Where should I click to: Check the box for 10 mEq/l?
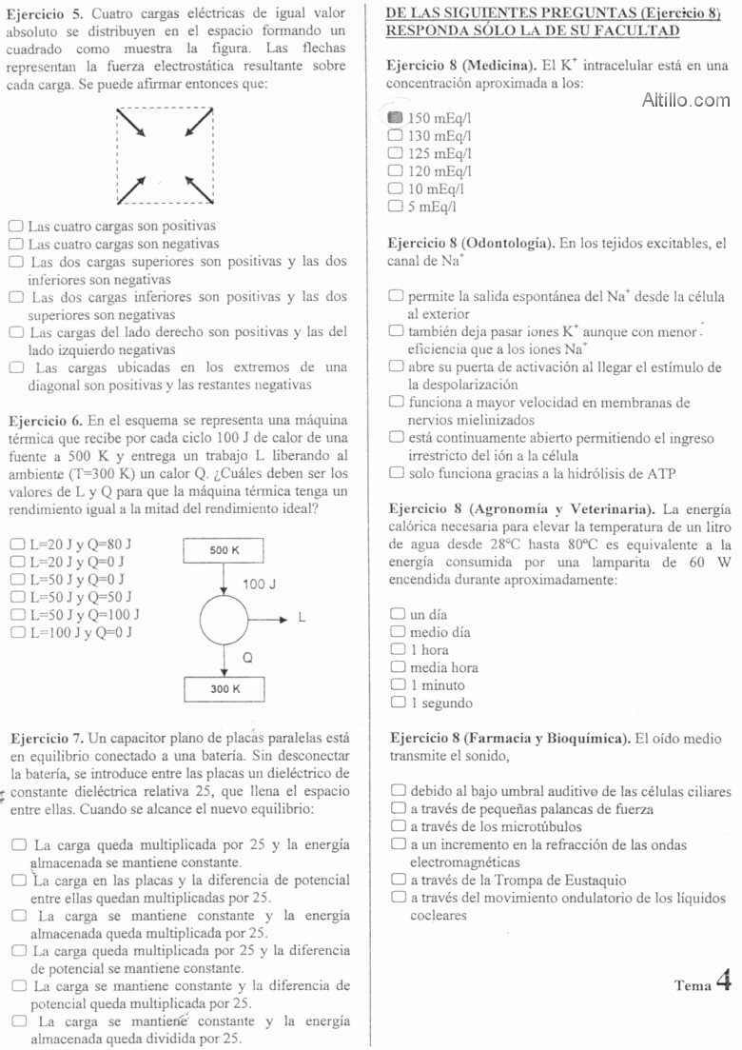click(x=396, y=188)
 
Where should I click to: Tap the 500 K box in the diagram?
click(x=223, y=550)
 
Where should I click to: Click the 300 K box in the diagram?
click(x=223, y=687)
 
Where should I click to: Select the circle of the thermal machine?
click(x=224, y=619)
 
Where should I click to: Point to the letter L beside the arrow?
click(x=302, y=619)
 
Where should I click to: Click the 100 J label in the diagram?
click(x=259, y=582)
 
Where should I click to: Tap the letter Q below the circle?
click(x=247, y=657)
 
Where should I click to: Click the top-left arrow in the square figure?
click(x=131, y=123)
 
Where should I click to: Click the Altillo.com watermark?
click(x=686, y=99)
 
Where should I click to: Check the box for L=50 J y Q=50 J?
click(x=16, y=597)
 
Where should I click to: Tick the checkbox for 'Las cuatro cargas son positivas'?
click(x=16, y=227)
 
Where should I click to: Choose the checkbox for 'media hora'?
click(x=397, y=667)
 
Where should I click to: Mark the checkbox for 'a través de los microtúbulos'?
click(x=397, y=826)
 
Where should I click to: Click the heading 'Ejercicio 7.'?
click(x=47, y=737)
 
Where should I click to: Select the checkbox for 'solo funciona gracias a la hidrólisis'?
click(x=397, y=472)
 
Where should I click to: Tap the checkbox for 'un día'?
click(x=397, y=614)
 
